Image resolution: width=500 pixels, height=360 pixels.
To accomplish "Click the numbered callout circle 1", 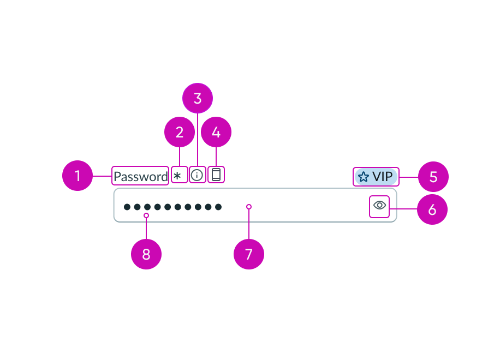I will click(x=78, y=176).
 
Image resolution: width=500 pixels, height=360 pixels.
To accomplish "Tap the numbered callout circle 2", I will click(x=180, y=132).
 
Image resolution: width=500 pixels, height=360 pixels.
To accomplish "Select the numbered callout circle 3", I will click(x=198, y=98).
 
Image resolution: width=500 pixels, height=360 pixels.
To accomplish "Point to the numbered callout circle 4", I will click(x=216, y=132).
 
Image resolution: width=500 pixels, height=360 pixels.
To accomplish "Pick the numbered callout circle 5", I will click(x=433, y=177).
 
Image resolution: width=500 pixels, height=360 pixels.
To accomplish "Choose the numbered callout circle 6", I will click(x=432, y=209).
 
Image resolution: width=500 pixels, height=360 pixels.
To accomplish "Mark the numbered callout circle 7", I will click(x=249, y=254).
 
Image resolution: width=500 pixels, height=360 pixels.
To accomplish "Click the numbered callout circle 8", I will click(x=146, y=254).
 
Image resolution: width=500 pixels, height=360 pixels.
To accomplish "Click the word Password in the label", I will click(x=140, y=176).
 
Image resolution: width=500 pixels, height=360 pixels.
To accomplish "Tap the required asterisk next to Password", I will click(x=177, y=176).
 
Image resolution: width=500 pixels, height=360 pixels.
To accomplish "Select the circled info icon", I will click(x=198, y=175).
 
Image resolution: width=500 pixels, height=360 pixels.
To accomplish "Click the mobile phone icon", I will click(x=216, y=175).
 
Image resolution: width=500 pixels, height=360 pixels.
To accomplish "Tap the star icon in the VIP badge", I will click(x=364, y=177).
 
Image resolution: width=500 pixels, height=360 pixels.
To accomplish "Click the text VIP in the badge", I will click(x=383, y=177).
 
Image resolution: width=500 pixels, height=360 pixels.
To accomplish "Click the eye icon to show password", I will click(x=379, y=206).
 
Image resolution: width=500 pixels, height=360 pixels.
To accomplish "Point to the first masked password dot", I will click(x=127, y=207).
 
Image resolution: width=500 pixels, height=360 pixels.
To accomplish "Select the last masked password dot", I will click(x=218, y=207).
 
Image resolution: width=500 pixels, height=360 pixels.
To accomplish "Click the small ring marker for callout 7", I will click(x=249, y=207).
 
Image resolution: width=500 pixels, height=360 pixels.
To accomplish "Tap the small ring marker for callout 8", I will click(x=146, y=216).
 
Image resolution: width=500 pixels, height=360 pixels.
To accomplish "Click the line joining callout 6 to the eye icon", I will click(x=403, y=209).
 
